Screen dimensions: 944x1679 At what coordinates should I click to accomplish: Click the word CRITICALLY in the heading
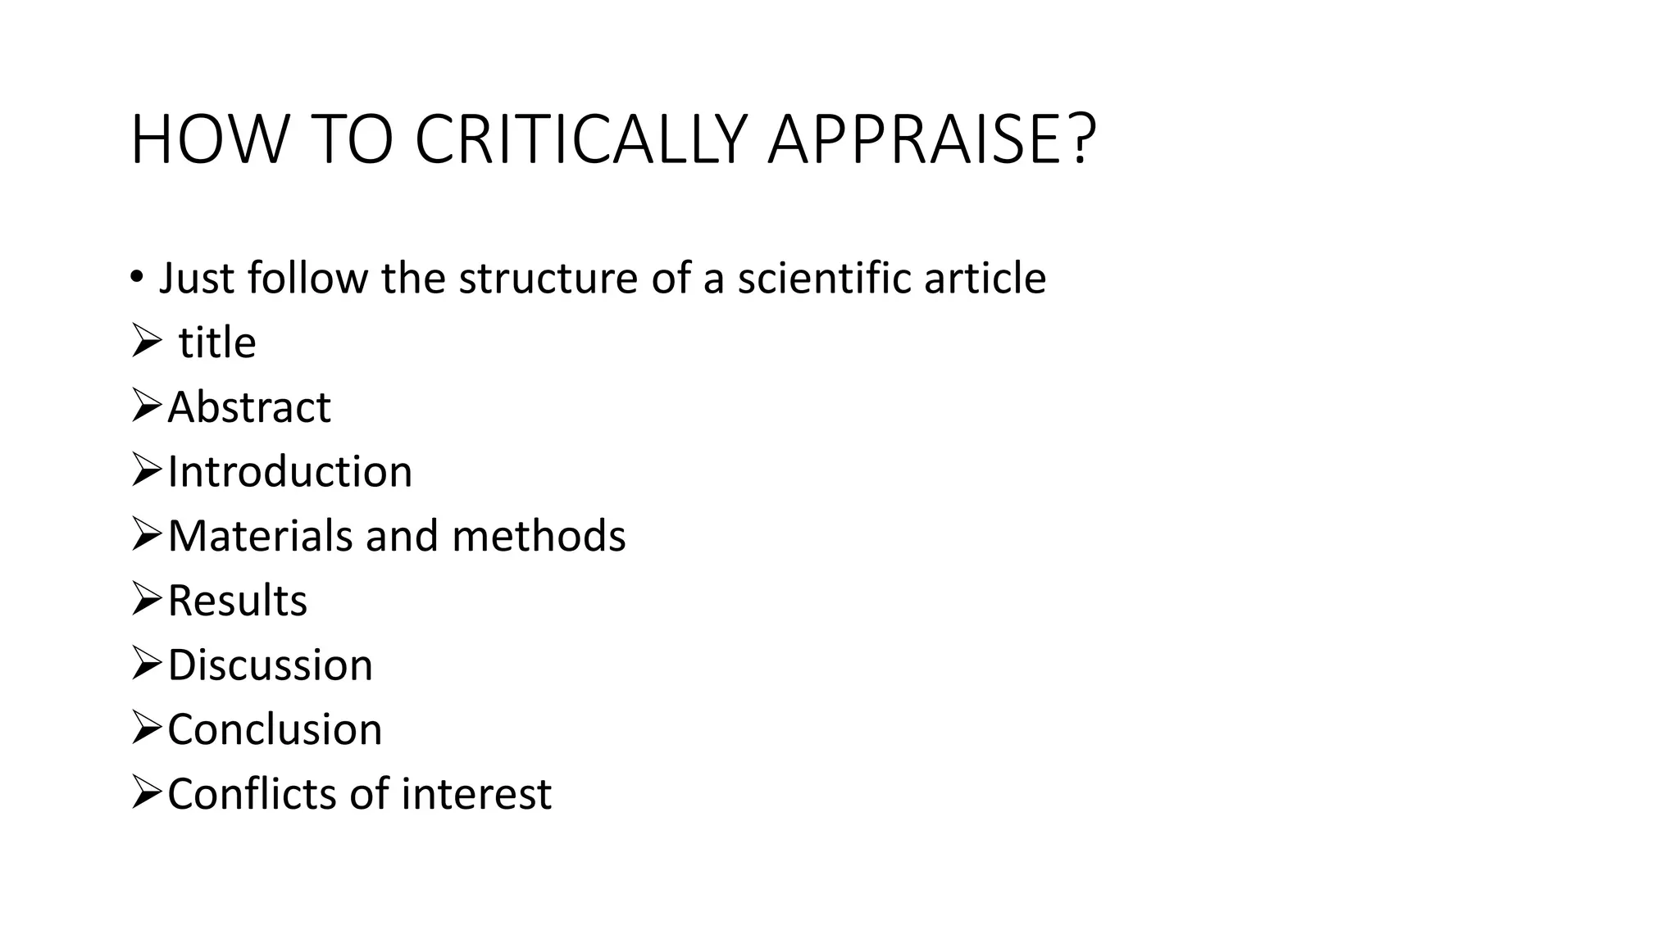[580, 139]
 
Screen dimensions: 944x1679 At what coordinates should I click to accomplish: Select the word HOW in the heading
[209, 139]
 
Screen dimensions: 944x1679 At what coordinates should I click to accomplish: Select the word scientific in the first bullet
[826, 278]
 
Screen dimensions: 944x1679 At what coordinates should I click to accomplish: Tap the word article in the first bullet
[985, 278]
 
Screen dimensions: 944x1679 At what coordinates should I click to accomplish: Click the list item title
[217, 343]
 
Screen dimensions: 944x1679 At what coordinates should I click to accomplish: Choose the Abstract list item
[249, 407]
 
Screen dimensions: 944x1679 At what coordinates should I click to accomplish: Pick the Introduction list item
[289, 472]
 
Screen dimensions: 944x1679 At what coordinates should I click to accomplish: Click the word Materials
[261, 536]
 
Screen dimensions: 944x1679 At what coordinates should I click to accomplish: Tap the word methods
[539, 536]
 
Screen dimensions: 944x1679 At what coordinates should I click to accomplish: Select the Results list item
[237, 601]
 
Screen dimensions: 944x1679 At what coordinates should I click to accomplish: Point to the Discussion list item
[270, 665]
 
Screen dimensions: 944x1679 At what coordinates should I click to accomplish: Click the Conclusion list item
[275, 729]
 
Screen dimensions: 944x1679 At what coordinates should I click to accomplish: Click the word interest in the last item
[476, 794]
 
